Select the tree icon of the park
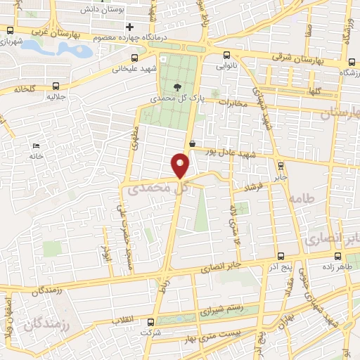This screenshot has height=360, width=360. click(x=176, y=88)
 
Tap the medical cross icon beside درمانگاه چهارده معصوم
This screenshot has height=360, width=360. click(x=129, y=27)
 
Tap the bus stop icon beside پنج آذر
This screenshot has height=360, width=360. click(x=281, y=257)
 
